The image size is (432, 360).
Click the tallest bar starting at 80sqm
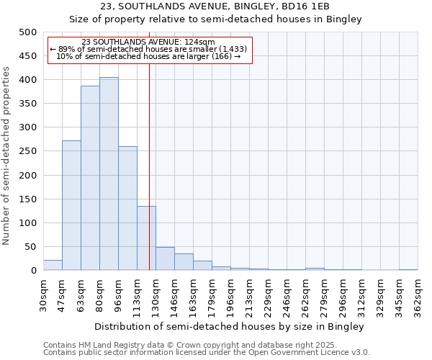point(109,174)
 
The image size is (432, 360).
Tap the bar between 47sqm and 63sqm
point(71,205)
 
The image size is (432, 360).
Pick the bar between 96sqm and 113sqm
point(127,208)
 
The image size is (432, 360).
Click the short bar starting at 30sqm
point(53,265)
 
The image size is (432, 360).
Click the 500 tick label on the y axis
point(27,32)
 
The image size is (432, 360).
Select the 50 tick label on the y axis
point(30,247)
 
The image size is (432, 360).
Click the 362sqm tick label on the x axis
point(418,296)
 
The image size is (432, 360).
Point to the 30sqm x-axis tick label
point(43,296)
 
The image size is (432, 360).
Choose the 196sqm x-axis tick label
point(230,296)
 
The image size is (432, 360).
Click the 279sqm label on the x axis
point(324,296)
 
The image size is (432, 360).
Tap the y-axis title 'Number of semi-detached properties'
point(7,156)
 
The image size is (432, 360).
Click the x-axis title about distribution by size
point(230,326)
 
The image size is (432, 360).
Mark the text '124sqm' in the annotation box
point(199,42)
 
